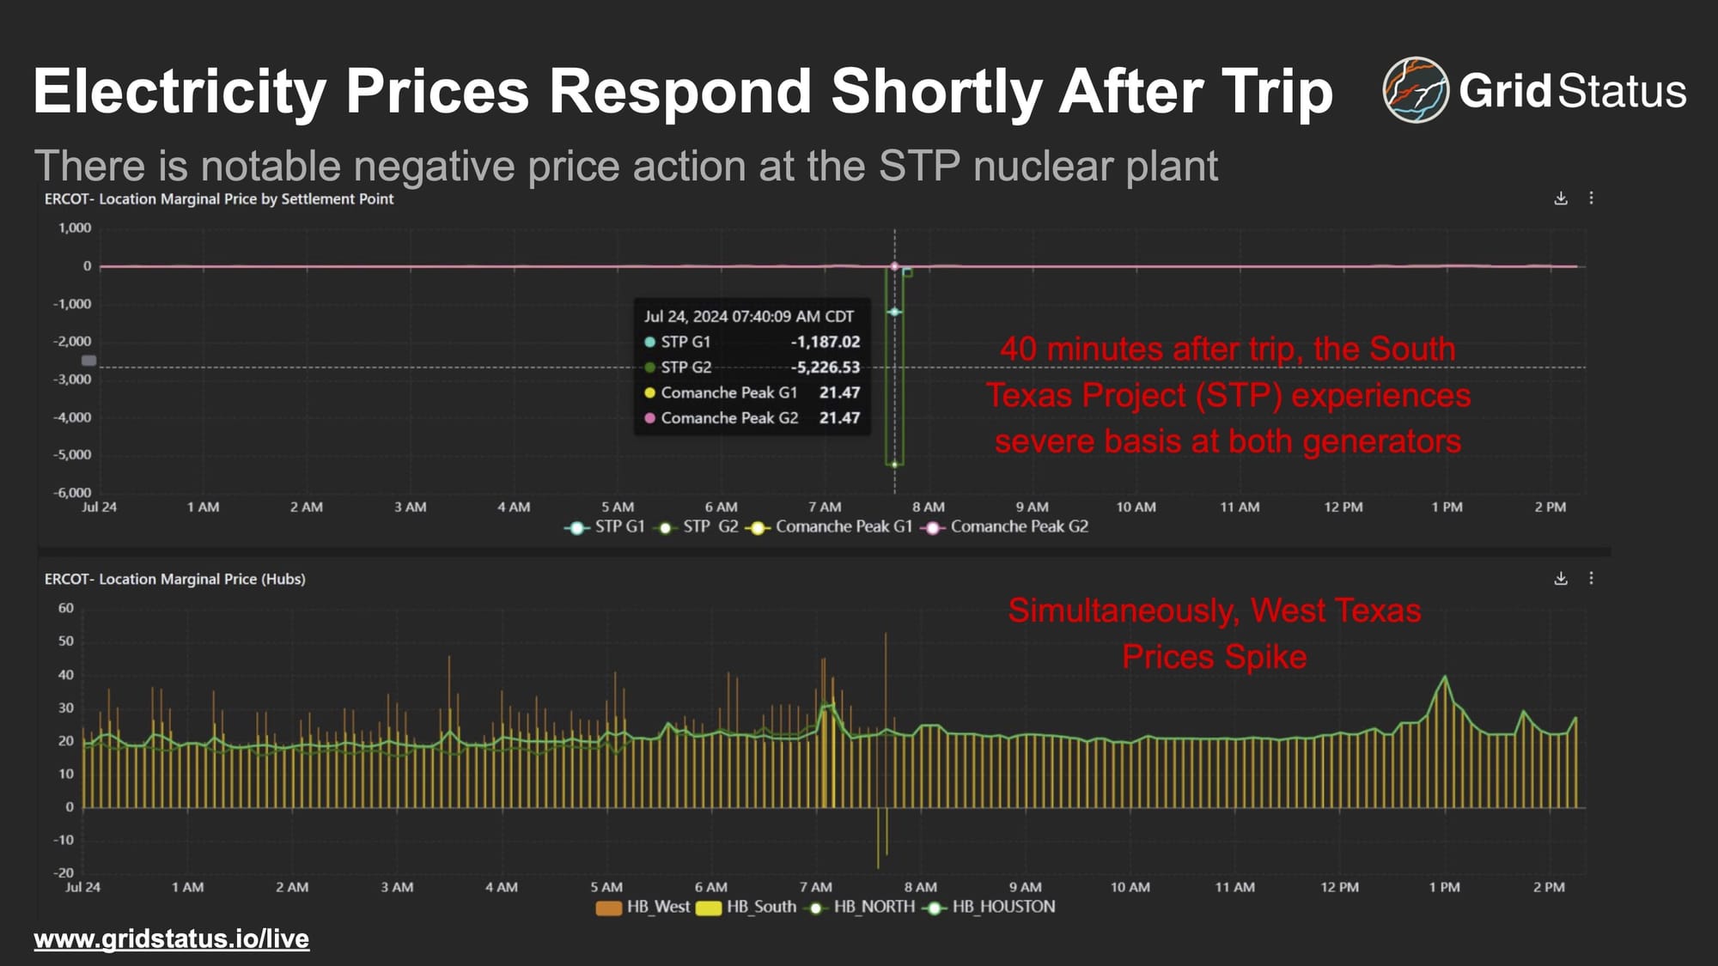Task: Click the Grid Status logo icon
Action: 1415,90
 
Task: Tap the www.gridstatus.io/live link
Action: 171,939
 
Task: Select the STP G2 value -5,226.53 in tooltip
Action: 825,368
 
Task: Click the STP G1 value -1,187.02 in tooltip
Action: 825,342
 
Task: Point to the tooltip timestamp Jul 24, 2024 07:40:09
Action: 748,316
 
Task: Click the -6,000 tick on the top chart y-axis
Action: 72,492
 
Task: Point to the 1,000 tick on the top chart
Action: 75,228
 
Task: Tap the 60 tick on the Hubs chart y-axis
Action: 66,608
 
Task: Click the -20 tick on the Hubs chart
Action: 64,872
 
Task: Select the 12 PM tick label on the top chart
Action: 1343,507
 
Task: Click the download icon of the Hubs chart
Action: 1561,579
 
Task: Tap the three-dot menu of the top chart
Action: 1591,198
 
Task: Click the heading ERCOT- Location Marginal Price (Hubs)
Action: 175,580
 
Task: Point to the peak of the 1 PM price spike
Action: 1445,677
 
